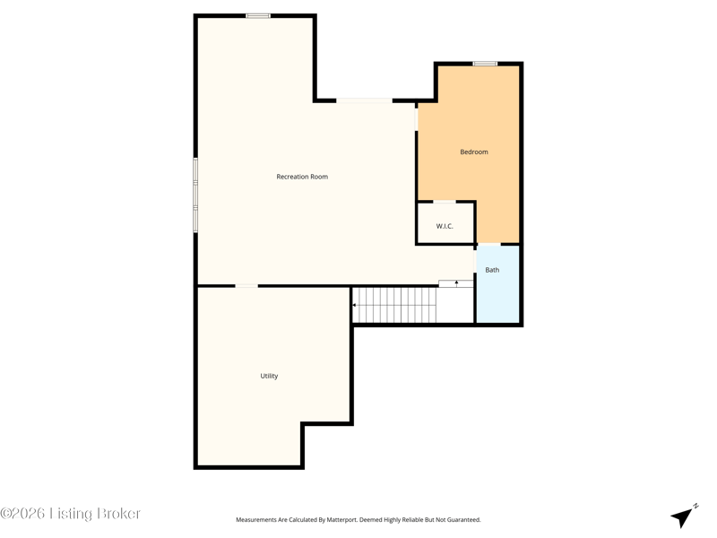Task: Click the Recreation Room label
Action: click(302, 177)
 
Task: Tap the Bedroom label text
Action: click(474, 152)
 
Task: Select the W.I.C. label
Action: click(445, 226)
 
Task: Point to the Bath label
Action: click(492, 270)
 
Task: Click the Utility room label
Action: click(269, 376)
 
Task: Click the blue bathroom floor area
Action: click(497, 284)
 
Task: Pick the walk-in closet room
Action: click(445, 223)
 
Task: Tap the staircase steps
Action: click(394, 305)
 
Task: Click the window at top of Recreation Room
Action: click(258, 16)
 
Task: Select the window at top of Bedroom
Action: click(485, 64)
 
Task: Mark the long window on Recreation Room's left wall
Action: click(195, 195)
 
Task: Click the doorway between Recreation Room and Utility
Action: click(246, 286)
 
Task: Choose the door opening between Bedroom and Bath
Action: click(488, 244)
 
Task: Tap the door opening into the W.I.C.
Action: click(444, 201)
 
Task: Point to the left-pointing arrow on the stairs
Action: click(355, 305)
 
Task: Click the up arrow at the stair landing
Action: click(456, 283)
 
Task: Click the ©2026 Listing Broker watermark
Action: click(71, 513)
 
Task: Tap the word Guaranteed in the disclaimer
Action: click(463, 520)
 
